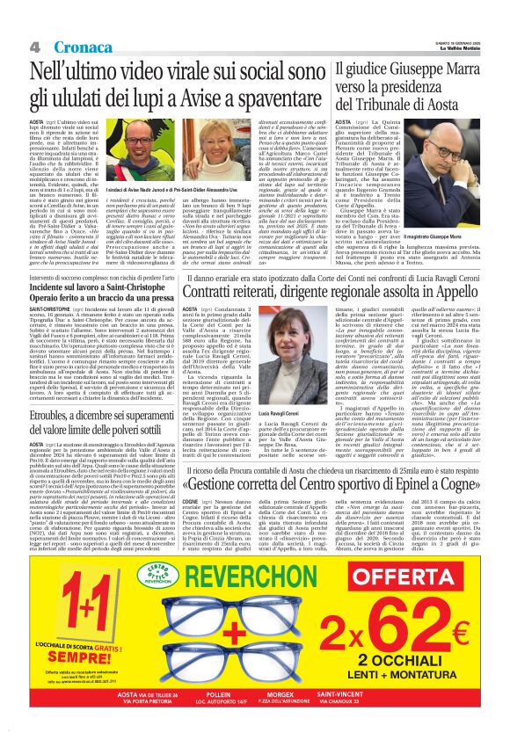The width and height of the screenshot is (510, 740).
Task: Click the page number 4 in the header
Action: click(x=35, y=46)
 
